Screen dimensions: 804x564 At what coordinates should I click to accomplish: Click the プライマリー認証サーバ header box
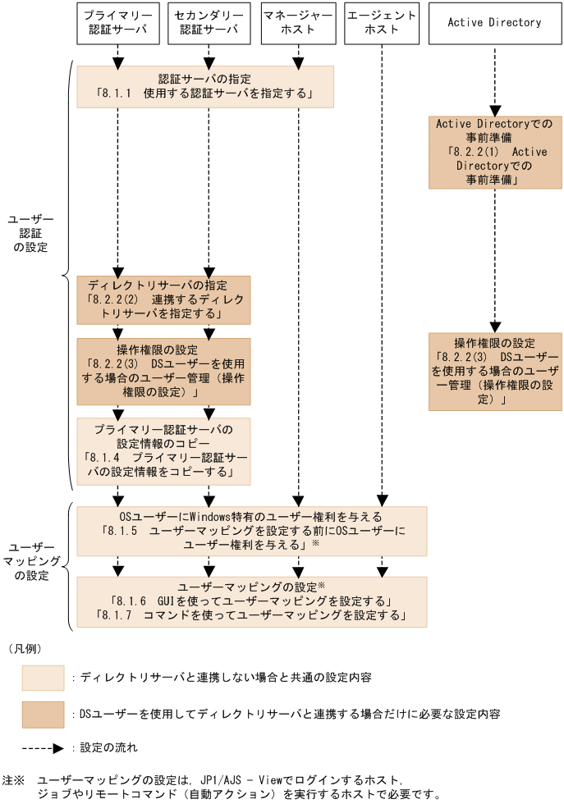click(x=118, y=23)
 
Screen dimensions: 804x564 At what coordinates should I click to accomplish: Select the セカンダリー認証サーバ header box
click(x=209, y=23)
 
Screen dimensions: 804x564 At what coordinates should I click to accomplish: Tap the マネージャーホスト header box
click(x=299, y=23)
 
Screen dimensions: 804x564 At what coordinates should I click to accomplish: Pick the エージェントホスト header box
click(x=383, y=23)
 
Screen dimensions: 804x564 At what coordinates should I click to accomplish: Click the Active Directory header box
click(x=494, y=23)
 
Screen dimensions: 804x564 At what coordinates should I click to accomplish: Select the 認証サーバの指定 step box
click(x=205, y=86)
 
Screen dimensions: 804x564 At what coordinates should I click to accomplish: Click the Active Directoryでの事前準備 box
click(x=494, y=152)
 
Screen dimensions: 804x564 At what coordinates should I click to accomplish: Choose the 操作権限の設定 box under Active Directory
click(x=494, y=371)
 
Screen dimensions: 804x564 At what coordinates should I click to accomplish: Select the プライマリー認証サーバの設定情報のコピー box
click(x=163, y=451)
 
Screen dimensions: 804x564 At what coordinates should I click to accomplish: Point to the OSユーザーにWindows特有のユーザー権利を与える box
click(x=252, y=531)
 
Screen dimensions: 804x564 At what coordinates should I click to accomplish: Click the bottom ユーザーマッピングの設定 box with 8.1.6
click(x=252, y=601)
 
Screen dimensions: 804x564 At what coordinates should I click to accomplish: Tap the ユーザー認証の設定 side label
click(x=30, y=234)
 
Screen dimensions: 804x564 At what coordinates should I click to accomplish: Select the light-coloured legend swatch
click(x=43, y=678)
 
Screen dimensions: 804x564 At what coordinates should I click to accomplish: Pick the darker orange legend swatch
click(x=43, y=714)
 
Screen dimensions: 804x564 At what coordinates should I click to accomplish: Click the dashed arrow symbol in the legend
click(x=43, y=748)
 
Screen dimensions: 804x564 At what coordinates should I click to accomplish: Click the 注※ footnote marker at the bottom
click(x=14, y=780)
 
